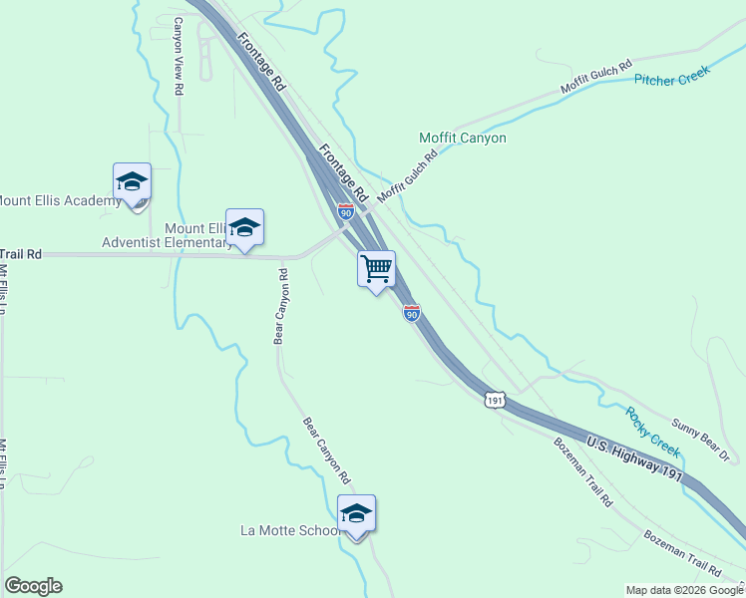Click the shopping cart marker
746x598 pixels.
click(376, 268)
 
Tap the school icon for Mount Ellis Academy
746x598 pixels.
click(132, 181)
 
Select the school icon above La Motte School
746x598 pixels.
click(356, 513)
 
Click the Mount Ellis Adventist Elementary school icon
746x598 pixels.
click(244, 227)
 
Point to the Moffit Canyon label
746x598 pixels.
click(463, 138)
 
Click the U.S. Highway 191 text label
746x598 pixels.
click(635, 459)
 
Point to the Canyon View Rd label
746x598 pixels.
click(179, 57)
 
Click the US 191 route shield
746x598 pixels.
click(494, 399)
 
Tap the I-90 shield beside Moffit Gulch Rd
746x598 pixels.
click(345, 212)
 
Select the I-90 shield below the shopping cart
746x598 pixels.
click(411, 314)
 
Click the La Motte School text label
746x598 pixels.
click(291, 530)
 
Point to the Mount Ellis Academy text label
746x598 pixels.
click(59, 200)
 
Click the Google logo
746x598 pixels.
click(33, 586)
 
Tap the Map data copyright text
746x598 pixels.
click(684, 590)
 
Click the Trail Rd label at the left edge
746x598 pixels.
click(21, 254)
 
